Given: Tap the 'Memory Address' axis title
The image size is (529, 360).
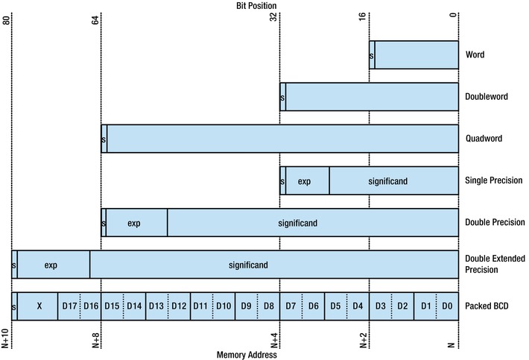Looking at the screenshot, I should [247, 355].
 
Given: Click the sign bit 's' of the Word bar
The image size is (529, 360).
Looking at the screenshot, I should [372, 55].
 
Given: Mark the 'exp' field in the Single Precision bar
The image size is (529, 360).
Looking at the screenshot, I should [304, 181].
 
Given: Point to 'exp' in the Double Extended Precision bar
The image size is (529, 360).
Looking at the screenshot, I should [51, 265].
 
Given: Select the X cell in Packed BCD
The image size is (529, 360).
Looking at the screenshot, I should [37, 306].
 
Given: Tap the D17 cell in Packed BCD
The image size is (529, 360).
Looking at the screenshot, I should [69, 306].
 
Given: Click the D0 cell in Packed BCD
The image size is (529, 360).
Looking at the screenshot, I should [446, 306].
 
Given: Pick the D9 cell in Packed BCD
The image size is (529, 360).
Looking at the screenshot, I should [245, 306].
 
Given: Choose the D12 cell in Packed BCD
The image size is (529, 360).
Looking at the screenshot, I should [179, 306].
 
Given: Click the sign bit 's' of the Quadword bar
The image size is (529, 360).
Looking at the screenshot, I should [104, 139].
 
